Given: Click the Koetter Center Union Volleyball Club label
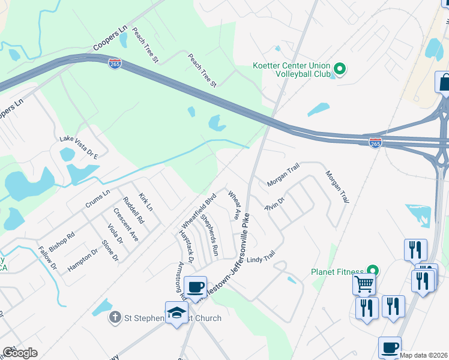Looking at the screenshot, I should click(x=292, y=70).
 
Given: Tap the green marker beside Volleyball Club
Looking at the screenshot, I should click(x=339, y=70).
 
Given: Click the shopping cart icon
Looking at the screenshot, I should click(x=364, y=284).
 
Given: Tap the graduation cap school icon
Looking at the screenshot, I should click(x=176, y=313).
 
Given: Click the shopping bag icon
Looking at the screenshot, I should click(x=444, y=82).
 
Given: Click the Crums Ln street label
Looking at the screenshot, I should click(x=97, y=199).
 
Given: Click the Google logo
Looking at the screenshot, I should click(x=20, y=353).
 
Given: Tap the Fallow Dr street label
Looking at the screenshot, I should click(x=46, y=257).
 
